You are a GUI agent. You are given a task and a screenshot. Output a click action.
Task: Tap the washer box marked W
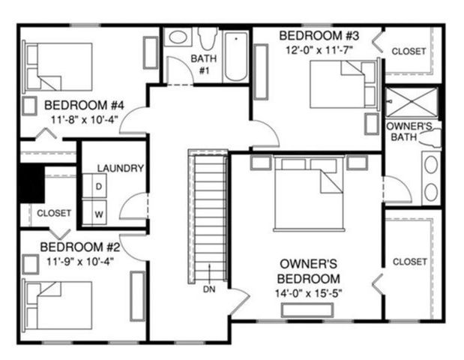click(98, 214)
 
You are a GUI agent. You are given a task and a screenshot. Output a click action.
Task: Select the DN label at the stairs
click(209, 289)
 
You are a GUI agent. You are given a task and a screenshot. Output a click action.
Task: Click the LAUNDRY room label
click(120, 168)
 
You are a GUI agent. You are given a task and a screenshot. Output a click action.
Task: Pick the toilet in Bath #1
click(208, 38)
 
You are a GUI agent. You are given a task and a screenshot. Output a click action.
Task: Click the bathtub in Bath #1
click(236, 55)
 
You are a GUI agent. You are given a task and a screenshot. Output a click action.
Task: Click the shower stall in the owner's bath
click(411, 103)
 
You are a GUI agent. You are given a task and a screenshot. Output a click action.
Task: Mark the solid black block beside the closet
click(31, 183)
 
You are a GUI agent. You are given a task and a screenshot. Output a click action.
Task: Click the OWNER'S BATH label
click(409, 132)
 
